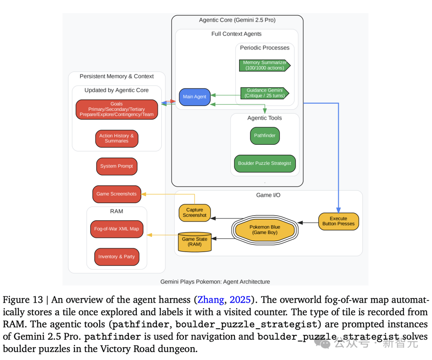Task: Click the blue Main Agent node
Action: click(x=194, y=97)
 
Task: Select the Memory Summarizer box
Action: click(x=265, y=65)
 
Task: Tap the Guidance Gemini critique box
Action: click(x=265, y=93)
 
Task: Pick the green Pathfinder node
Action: click(x=265, y=136)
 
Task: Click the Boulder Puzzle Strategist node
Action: click(x=265, y=163)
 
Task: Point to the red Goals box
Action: click(x=117, y=109)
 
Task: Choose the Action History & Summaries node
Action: click(x=117, y=138)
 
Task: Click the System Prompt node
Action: click(x=117, y=166)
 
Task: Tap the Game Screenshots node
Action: click(x=117, y=194)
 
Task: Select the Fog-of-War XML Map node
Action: click(x=117, y=229)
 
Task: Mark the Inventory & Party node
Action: click(x=117, y=257)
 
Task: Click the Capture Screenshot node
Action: click(x=194, y=213)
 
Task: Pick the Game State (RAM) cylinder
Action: click(x=194, y=242)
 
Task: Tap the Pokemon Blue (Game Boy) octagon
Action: click(x=265, y=230)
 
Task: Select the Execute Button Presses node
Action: click(x=339, y=221)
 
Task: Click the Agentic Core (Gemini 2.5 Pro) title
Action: click(x=237, y=20)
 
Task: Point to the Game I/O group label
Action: click(x=268, y=195)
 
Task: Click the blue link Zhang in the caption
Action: click(x=211, y=300)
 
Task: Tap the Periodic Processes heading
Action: click(x=265, y=48)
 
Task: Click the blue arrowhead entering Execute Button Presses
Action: click(x=339, y=210)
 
